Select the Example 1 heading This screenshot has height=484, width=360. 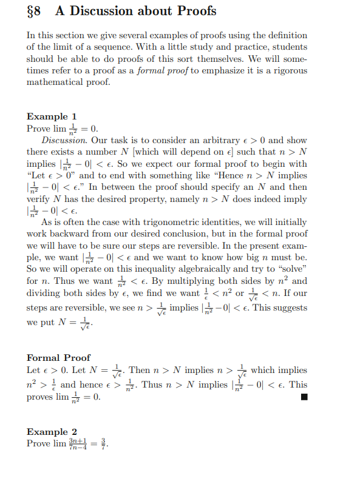pyautogui.click(x=52, y=116)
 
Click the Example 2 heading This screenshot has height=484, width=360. pyautogui.click(x=52, y=432)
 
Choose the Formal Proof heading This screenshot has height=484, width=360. pyautogui.click(x=59, y=357)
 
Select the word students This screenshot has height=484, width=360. pyautogui.click(x=288, y=47)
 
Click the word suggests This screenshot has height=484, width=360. pyautogui.click(x=288, y=308)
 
